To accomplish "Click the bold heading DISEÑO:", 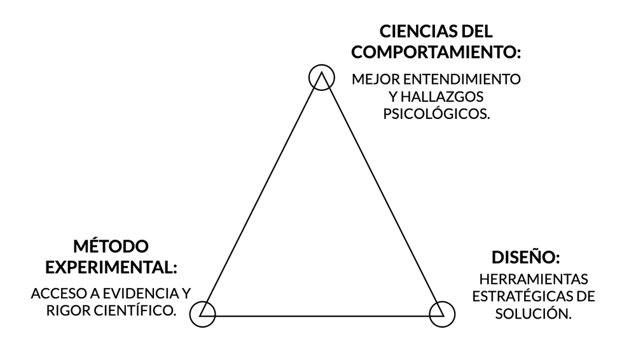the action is tap(525, 259).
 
